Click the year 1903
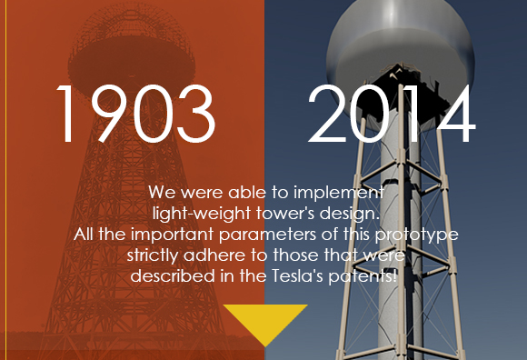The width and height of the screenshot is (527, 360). click(x=135, y=115)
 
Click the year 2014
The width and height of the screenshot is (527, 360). click(x=391, y=115)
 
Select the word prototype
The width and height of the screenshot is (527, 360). click(x=421, y=235)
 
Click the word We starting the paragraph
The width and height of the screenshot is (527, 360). click(x=161, y=194)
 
